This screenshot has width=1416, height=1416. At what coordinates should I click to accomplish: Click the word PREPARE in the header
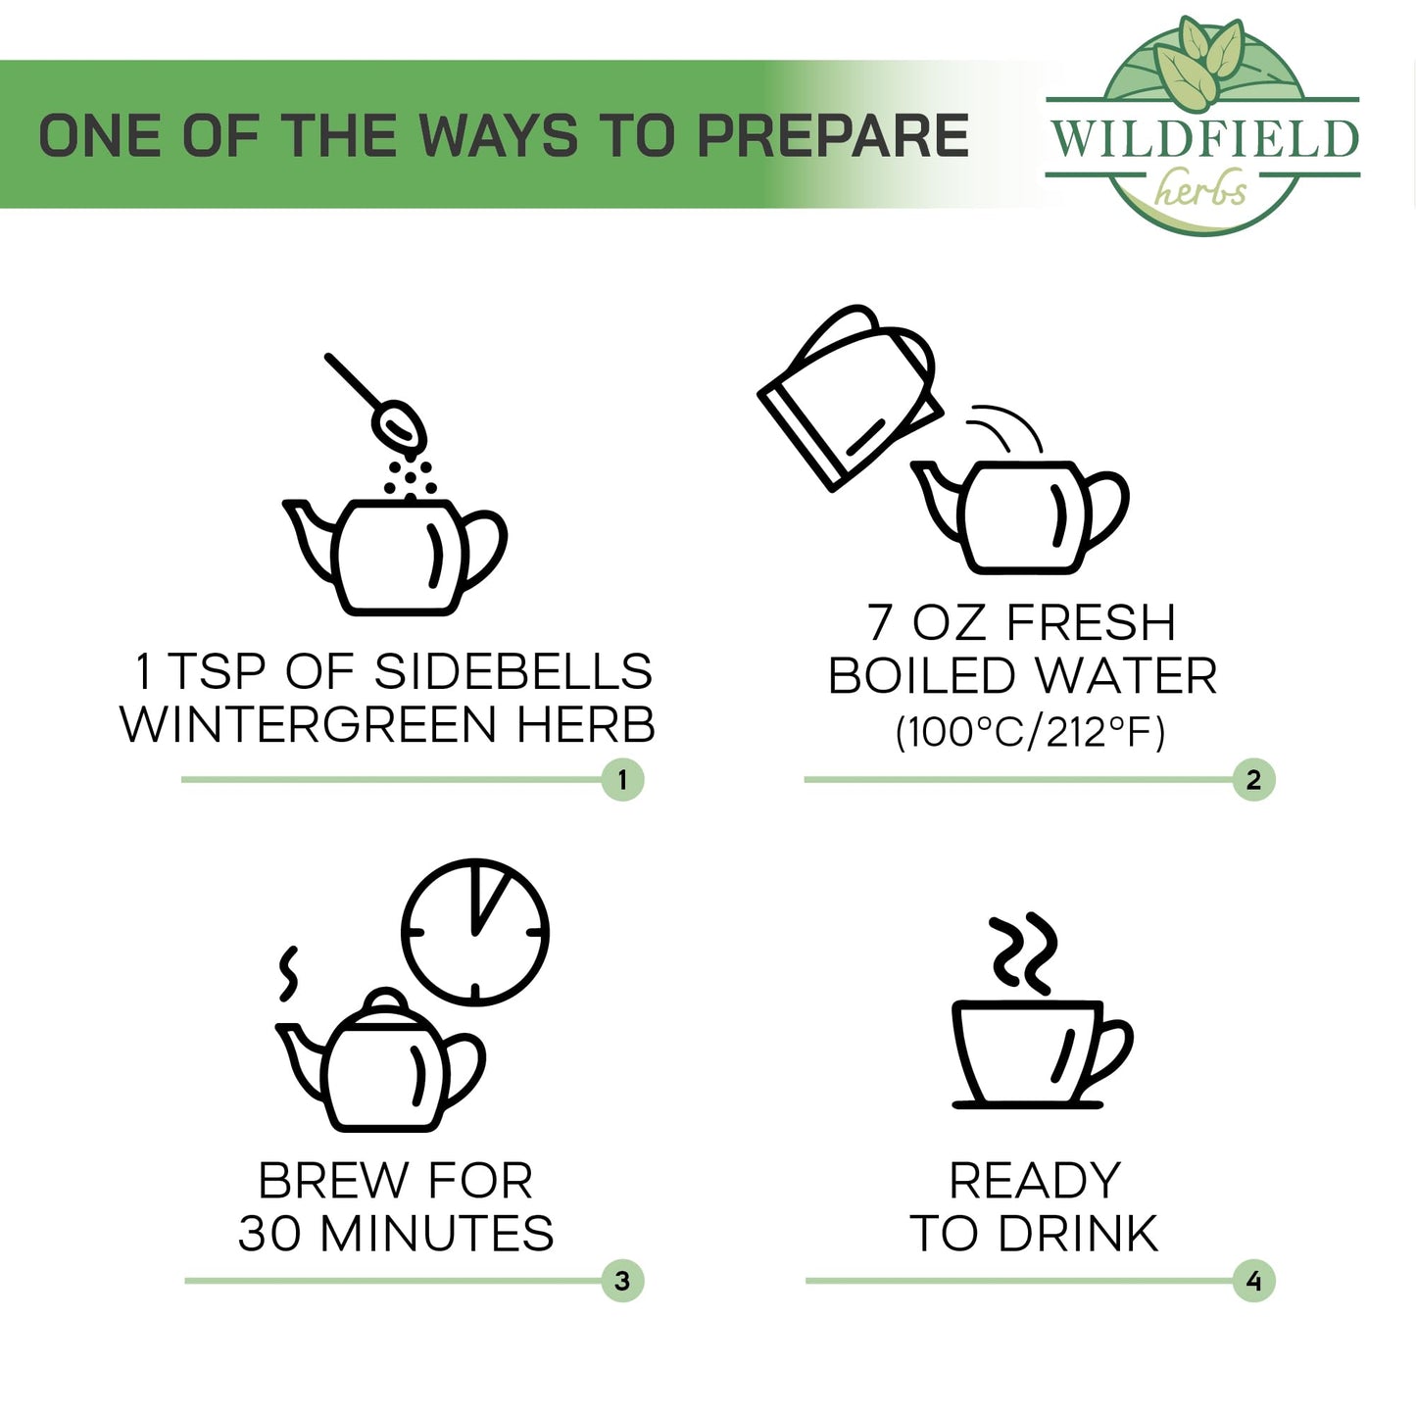[833, 136]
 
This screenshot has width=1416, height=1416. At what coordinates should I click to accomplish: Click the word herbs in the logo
[1200, 188]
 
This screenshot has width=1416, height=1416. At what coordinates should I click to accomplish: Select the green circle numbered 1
[622, 780]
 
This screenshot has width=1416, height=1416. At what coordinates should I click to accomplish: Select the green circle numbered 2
[1253, 780]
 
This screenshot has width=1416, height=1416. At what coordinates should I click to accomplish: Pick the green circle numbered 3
[622, 1281]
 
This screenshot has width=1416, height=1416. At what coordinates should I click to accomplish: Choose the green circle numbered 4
[1253, 1281]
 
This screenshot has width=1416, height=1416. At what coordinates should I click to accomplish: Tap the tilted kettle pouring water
[850, 397]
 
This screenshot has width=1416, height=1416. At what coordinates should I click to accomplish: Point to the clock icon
[475, 932]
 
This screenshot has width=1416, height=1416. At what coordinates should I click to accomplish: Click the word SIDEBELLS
[513, 671]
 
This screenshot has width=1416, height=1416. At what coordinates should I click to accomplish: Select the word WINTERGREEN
[309, 724]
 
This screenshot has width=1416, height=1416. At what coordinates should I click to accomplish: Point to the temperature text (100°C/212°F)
[1030, 732]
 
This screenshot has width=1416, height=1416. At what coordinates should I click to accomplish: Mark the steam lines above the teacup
[1025, 953]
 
